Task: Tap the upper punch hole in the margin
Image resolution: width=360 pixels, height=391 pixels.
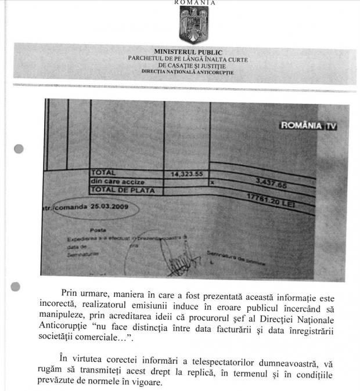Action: pyautogui.click(x=19, y=149)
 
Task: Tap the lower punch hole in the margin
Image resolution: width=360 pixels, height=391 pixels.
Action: pyautogui.click(x=16, y=286)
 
